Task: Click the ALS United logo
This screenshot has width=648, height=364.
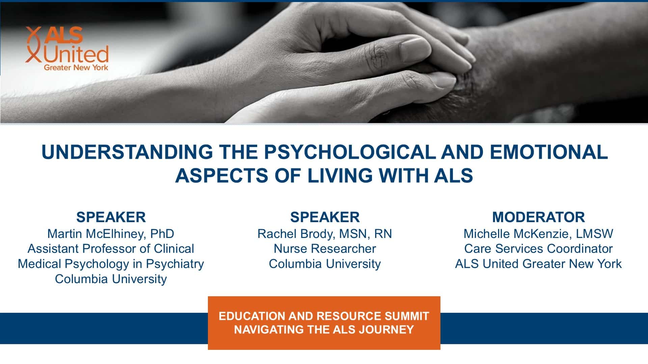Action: click(x=67, y=49)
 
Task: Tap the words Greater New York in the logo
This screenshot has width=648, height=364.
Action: click(x=76, y=67)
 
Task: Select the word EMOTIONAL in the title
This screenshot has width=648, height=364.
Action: click(x=549, y=152)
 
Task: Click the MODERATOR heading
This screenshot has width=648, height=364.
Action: click(x=538, y=217)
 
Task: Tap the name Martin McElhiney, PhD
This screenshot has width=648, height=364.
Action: click(x=111, y=234)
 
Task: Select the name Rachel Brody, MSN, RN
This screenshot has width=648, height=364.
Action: click(x=325, y=234)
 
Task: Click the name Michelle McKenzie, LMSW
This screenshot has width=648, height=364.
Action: click(x=538, y=234)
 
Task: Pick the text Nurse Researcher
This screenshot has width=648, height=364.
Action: click(x=325, y=249)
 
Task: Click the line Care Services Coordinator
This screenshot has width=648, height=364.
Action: click(x=538, y=249)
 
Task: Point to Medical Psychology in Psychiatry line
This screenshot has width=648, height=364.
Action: click(x=111, y=264)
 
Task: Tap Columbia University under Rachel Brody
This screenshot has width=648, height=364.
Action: click(x=325, y=264)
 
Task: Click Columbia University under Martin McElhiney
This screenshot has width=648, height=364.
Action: click(x=111, y=279)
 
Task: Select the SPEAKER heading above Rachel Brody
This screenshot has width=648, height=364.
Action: click(x=325, y=217)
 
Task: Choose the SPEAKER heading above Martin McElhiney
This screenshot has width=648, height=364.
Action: click(x=111, y=217)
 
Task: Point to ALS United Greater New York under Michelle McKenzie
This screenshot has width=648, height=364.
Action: click(x=538, y=264)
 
